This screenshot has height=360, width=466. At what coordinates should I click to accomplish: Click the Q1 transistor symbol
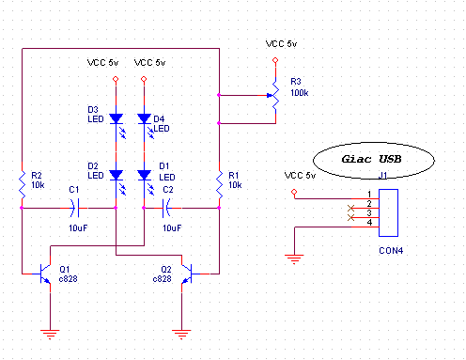tap(45, 274)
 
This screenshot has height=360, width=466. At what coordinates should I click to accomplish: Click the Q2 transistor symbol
tap(187, 274)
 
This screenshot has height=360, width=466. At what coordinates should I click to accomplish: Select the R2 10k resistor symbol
tap(22, 185)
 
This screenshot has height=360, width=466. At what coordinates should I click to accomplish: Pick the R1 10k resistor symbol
tap(219, 185)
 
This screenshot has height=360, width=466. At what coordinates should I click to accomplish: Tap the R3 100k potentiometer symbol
tap(275, 95)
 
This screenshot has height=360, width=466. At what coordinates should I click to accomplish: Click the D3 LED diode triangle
tap(116, 118)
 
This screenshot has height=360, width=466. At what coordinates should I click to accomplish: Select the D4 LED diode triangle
tap(144, 118)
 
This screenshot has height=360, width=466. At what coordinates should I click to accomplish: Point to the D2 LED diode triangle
tap(116, 175)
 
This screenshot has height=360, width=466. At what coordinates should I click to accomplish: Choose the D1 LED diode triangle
tap(144, 175)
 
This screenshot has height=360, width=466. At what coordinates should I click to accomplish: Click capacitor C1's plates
tap(74, 208)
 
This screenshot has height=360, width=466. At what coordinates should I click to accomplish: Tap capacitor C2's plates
tap(166, 208)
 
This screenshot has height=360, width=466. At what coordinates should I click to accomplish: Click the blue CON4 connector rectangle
tap(388, 212)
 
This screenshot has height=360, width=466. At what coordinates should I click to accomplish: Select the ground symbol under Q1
tap(50, 335)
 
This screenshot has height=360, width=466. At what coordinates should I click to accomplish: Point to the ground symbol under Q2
tap(181, 335)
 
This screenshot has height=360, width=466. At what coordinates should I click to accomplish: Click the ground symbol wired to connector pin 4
tap(294, 259)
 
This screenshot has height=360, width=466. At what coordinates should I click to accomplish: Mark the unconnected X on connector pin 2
tap(350, 208)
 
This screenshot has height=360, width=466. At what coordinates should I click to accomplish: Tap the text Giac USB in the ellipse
tap(371, 159)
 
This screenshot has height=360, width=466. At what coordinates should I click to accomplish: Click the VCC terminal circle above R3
tap(275, 60)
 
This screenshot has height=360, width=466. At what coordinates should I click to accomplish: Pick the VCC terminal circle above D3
tap(116, 79)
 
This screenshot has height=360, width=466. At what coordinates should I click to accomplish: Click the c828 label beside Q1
tap(68, 279)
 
